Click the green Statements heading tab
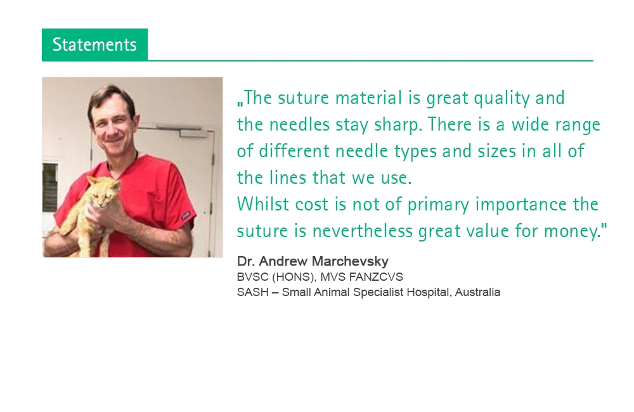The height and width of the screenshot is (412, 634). (x=94, y=44)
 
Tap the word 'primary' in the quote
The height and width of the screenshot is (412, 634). (x=438, y=205)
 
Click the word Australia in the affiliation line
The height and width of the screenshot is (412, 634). (x=477, y=292)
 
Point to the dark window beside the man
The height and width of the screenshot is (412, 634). (x=49, y=187)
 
